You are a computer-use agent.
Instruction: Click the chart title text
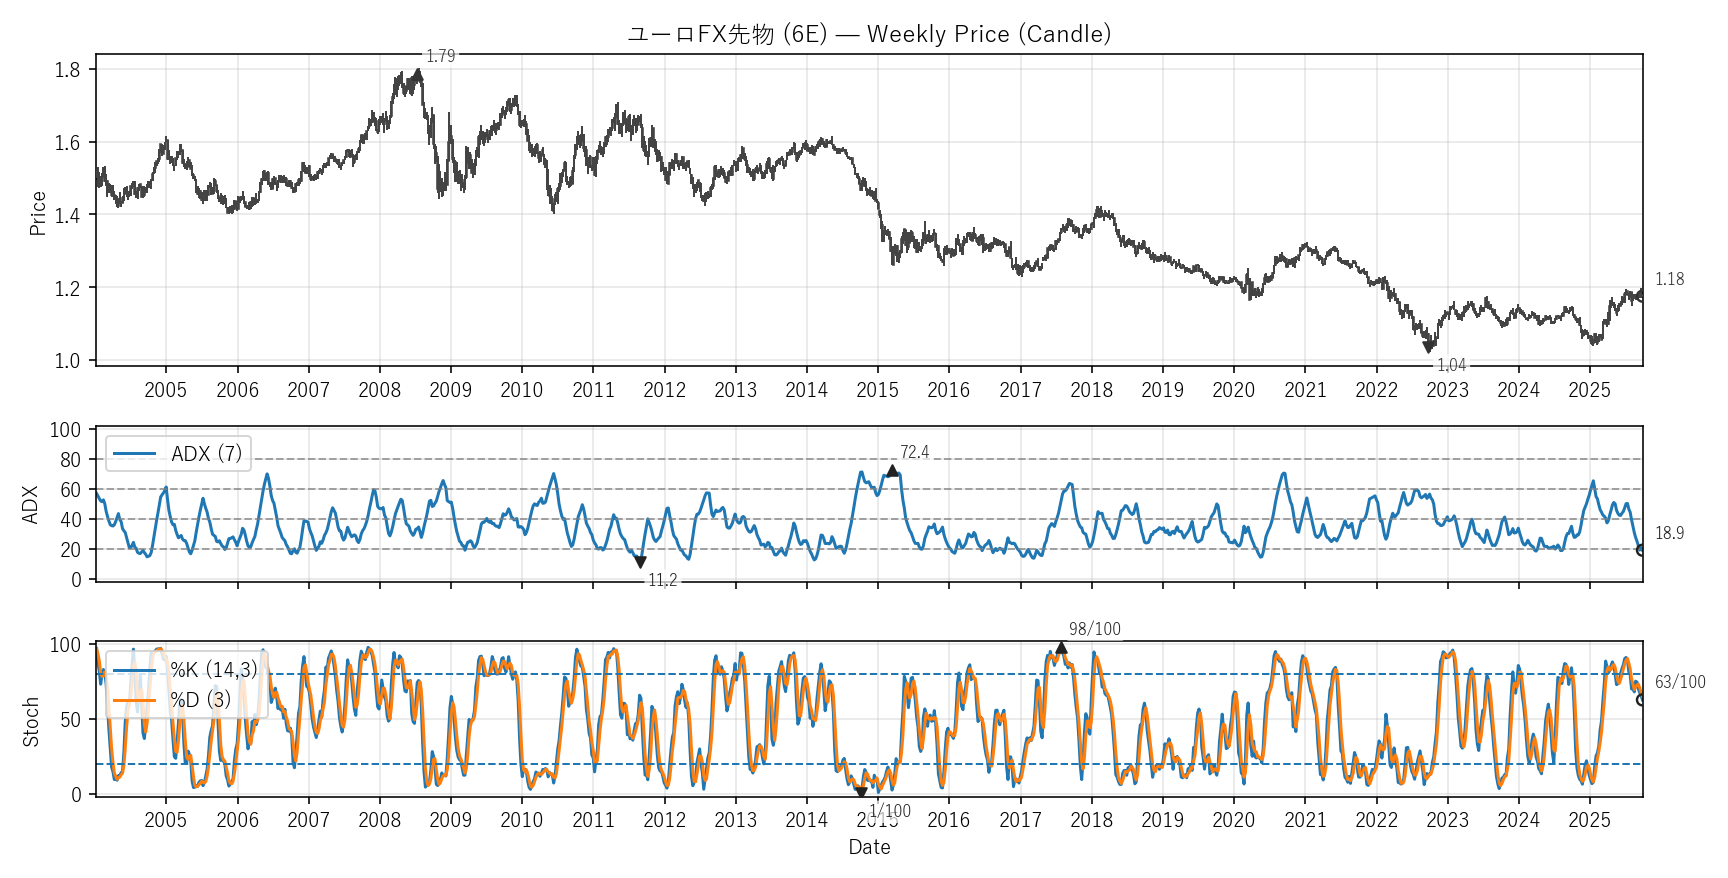point(869,34)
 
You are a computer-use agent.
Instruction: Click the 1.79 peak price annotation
point(440,56)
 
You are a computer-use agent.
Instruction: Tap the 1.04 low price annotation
point(1451,365)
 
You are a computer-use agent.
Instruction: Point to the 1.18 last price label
point(1669,279)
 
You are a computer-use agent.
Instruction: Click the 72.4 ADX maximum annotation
point(914,452)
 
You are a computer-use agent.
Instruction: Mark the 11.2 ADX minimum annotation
point(662,580)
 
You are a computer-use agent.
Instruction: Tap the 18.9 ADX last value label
point(1669,533)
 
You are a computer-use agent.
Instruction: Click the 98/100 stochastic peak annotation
point(1094,629)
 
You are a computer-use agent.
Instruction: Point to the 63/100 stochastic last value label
point(1680,682)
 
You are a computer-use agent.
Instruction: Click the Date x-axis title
point(869,847)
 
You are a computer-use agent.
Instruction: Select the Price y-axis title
point(38,213)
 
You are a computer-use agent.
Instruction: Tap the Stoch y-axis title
point(31,721)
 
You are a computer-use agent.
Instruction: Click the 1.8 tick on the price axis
point(68,70)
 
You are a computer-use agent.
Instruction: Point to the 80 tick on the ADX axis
point(70,460)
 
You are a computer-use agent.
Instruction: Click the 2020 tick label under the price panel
point(1233,390)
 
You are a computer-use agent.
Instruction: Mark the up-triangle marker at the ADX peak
point(892,471)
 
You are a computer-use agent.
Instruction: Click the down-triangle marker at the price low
point(1429,348)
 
